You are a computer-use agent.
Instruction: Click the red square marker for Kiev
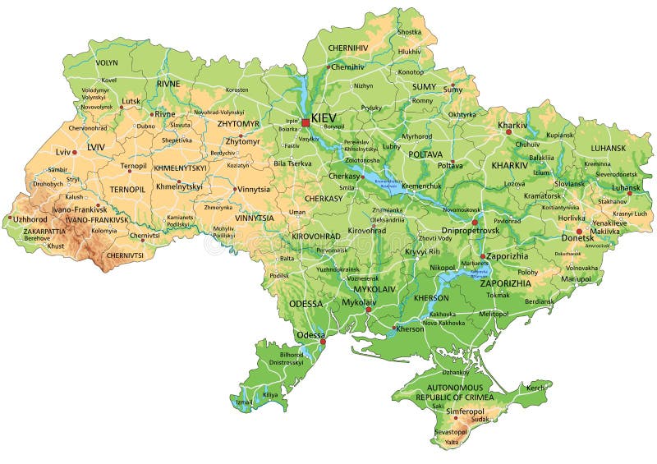click(306, 122)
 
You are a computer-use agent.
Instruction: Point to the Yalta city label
click(452, 442)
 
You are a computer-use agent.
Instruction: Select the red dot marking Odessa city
click(323, 342)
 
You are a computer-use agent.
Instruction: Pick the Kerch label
click(535, 388)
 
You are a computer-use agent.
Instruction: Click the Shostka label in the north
click(409, 32)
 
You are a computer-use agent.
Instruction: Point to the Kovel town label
click(108, 80)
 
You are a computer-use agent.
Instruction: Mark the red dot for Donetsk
click(579, 231)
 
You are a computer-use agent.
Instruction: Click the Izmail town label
click(244, 402)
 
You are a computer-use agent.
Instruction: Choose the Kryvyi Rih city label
click(423, 250)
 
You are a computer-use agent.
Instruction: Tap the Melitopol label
click(494, 314)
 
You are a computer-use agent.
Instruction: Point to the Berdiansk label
click(539, 301)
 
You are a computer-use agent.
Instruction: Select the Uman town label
click(296, 212)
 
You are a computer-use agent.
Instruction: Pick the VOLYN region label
click(107, 62)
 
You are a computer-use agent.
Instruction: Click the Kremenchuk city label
click(421, 186)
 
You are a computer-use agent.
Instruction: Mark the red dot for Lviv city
click(74, 152)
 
